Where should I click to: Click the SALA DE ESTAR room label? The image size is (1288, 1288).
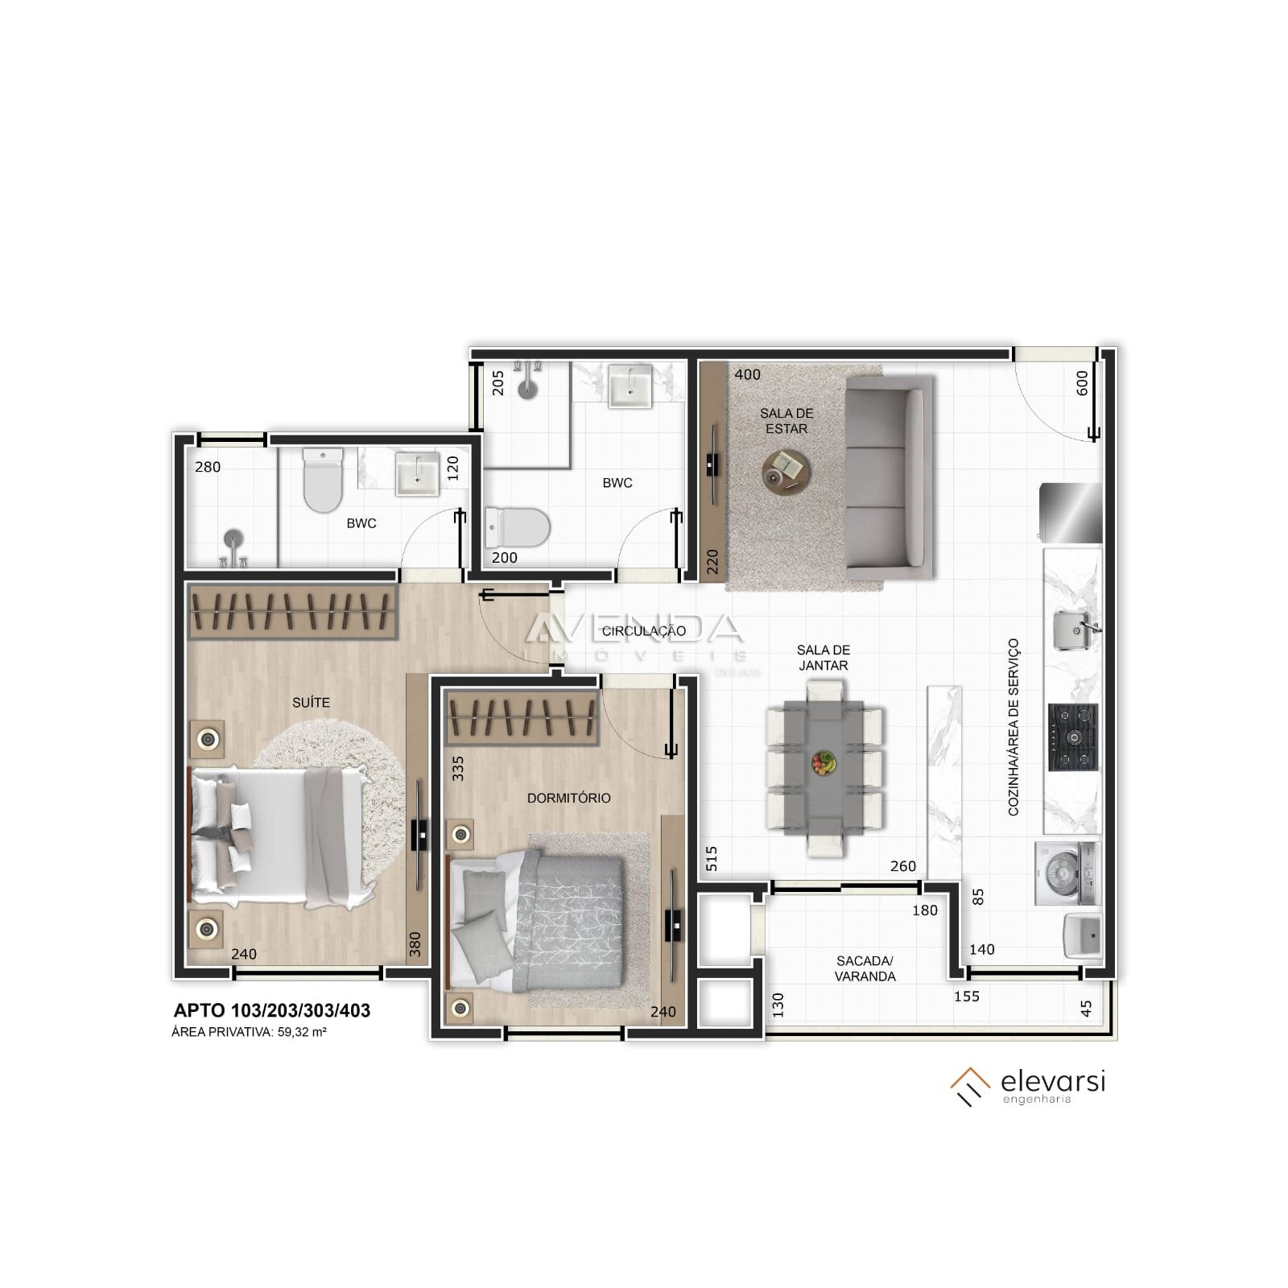coord(786,421)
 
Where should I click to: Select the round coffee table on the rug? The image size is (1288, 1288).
coord(786,470)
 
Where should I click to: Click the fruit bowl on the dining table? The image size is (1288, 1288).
coord(823,762)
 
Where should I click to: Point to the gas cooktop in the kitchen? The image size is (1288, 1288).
coord(1072,737)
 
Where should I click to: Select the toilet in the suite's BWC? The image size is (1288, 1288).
coord(322,481)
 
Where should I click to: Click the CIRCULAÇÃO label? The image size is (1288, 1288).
coord(644,631)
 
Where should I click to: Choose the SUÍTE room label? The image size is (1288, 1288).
coord(311,703)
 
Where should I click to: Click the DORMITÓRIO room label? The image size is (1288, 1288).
coord(568,798)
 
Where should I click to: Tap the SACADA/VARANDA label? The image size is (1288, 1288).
coord(865,968)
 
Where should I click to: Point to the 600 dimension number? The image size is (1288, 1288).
coord(1082,382)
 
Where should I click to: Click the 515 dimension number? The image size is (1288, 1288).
coord(711,859)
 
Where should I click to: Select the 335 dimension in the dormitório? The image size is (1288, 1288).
coord(458,768)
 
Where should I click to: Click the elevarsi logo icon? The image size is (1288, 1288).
coord(970,1086)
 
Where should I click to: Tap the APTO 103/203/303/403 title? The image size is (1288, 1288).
coord(272,1011)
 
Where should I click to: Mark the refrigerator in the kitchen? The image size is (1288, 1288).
coord(1070,513)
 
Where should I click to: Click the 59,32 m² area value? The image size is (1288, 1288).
coord(302,1032)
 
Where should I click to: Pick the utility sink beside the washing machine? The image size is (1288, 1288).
coord(1083,935)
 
